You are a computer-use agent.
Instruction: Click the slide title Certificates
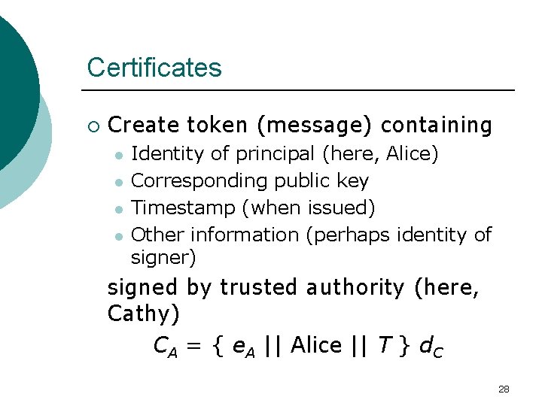(154, 68)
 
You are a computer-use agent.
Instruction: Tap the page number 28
(504, 389)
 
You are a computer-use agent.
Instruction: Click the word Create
(144, 125)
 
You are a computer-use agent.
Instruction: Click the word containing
(437, 125)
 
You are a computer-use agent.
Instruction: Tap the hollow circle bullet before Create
(93, 126)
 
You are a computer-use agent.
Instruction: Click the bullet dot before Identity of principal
(118, 155)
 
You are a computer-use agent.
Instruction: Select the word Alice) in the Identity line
(412, 154)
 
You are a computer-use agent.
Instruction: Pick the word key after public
(352, 181)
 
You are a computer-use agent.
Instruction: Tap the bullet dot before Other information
(118, 235)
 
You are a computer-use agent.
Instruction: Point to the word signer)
(163, 258)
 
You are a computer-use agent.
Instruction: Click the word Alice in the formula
(316, 345)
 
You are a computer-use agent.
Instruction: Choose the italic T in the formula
(385, 345)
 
